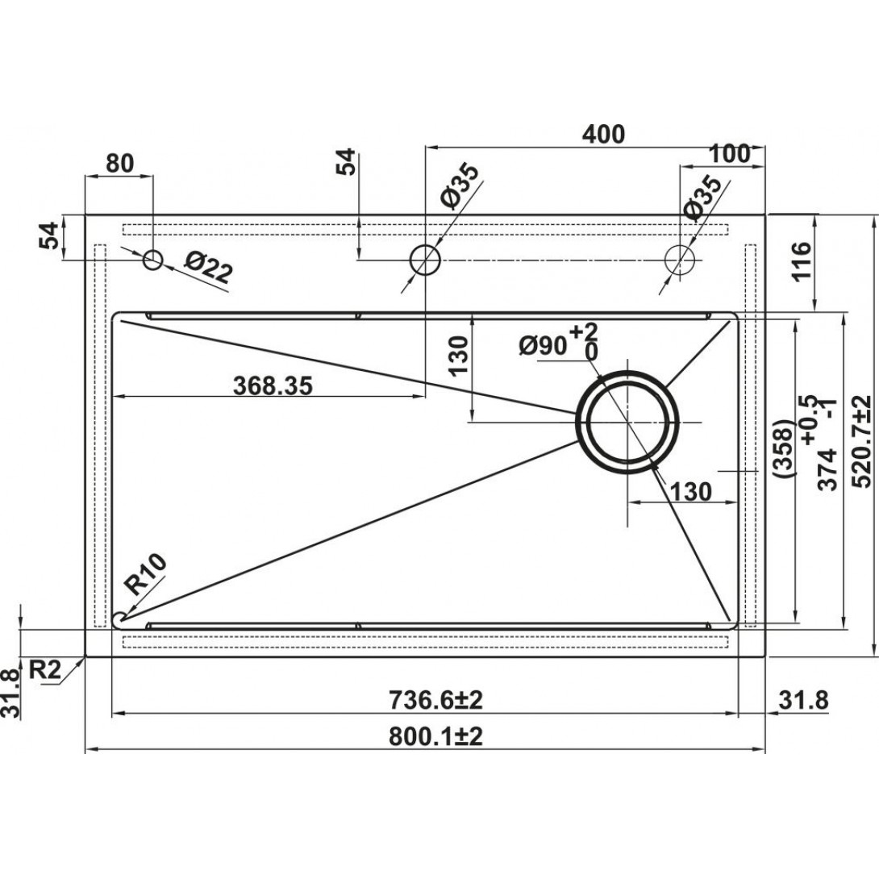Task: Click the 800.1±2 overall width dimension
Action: [435, 736]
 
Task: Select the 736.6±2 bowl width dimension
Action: [435, 700]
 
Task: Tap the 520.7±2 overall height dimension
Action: [861, 441]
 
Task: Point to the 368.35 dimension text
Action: [273, 385]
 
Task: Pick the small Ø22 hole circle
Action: [153, 260]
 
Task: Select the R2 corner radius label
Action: [44, 669]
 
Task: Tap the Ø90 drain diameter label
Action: [543, 347]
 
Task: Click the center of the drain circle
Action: [627, 422]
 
